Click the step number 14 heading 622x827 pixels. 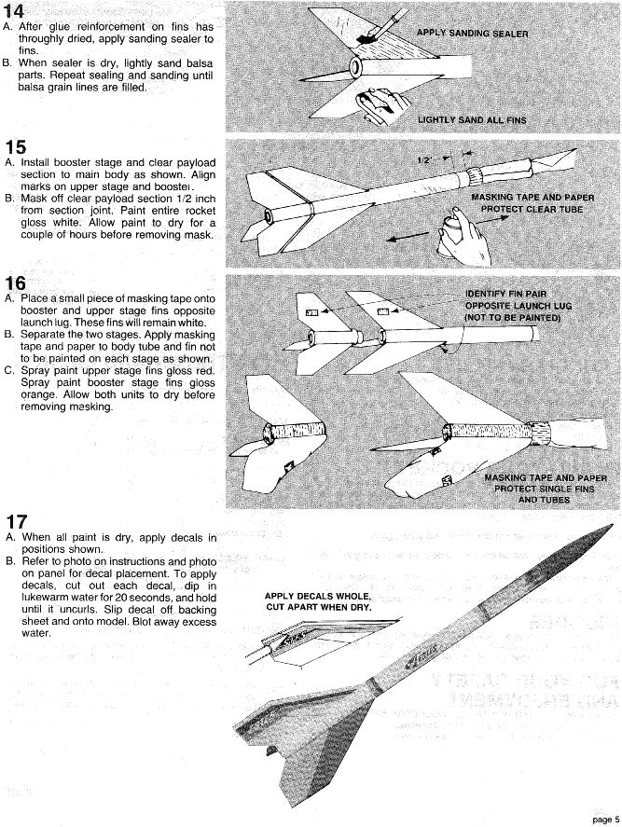pyautogui.click(x=16, y=11)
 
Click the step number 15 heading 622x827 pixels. pyautogui.click(x=16, y=146)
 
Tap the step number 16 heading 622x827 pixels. pyautogui.click(x=16, y=283)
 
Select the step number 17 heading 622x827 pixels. pyautogui.click(x=16, y=521)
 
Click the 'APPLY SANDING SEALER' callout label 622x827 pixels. pyautogui.click(x=472, y=34)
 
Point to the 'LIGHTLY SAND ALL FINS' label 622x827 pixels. pyautogui.click(x=472, y=120)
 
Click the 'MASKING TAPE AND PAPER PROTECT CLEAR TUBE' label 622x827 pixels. pyautogui.click(x=532, y=203)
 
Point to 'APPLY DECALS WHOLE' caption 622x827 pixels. pyautogui.click(x=317, y=596)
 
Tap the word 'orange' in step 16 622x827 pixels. pyautogui.click(x=39, y=394)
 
